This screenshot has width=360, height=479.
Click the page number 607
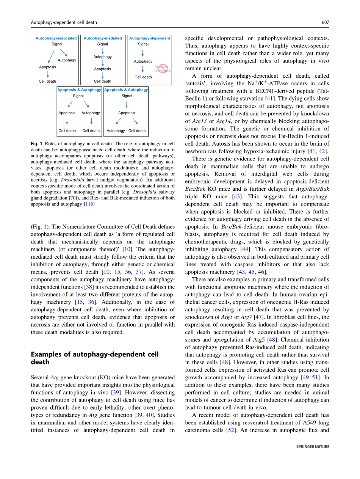point(325,22)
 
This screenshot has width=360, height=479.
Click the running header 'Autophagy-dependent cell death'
point(64,22)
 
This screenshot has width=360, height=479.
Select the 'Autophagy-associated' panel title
point(56,38)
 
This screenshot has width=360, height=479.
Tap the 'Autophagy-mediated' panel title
point(103,38)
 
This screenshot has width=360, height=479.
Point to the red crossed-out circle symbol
point(163,69)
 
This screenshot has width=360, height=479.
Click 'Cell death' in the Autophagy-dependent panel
point(143,77)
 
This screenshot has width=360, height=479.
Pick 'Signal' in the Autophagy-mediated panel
point(103,44)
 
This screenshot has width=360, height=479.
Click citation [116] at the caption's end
point(89,204)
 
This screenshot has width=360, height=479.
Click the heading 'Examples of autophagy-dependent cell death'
point(94,358)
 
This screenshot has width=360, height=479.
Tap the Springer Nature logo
point(313,447)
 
